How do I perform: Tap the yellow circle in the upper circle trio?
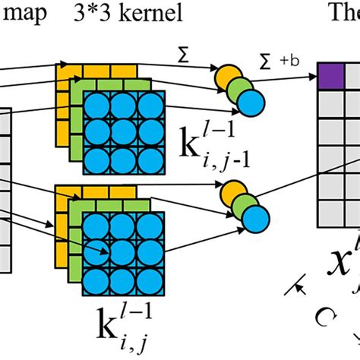coord(226,76)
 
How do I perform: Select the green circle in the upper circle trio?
coord(239,87)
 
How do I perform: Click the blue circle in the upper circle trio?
coord(253,100)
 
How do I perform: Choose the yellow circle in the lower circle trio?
coord(229,197)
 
